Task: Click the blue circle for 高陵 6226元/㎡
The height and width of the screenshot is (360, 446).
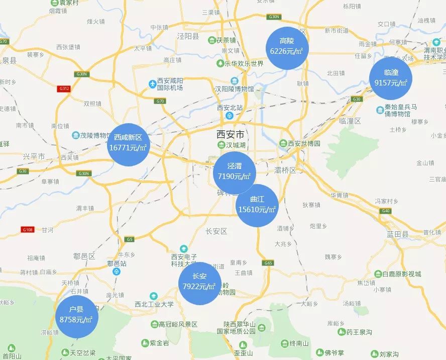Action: pyautogui.click(x=287, y=48)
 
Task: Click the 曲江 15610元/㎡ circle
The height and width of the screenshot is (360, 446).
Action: pyautogui.click(x=257, y=206)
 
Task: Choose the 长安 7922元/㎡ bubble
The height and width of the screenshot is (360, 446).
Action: pyautogui.click(x=199, y=283)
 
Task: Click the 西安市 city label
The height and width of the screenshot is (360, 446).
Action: pyautogui.click(x=230, y=134)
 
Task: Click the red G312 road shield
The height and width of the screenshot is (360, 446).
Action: pyautogui.click(x=64, y=88)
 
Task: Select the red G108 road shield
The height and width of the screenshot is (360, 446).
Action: pyautogui.click(x=27, y=230)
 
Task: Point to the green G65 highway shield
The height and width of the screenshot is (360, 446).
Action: pyautogui.click(x=267, y=262)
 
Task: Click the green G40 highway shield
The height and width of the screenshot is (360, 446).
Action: pyautogui.click(x=386, y=211)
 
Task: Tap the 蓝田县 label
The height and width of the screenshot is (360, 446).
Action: pyautogui.click(x=398, y=234)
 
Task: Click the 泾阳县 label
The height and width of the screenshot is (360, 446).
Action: pyautogui.click(x=188, y=36)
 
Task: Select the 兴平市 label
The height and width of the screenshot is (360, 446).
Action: pyautogui.click(x=34, y=157)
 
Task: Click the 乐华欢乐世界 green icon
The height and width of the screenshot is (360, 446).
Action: pyautogui.click(x=220, y=64)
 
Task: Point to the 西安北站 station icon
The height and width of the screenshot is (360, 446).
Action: pyautogui.click(x=230, y=116)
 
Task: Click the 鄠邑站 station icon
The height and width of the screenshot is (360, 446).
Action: pyautogui.click(x=117, y=272)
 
